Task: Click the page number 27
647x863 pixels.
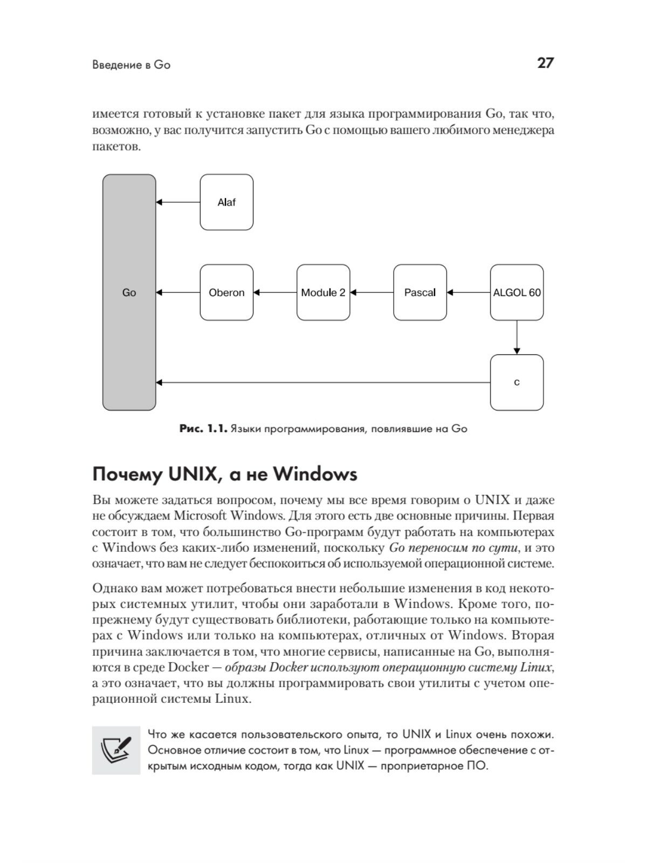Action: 545,63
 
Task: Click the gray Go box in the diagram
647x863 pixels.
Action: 129,292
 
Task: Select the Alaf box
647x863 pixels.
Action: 226,202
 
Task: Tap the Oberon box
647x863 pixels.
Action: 226,292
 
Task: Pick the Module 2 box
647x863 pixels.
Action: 323,292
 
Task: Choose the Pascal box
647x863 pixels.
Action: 420,292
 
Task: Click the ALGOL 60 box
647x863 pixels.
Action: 517,292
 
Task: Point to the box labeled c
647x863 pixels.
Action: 517,382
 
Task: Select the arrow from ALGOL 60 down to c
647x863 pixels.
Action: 517,338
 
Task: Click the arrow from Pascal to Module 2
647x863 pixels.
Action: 372,292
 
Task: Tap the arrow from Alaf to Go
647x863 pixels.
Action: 178,202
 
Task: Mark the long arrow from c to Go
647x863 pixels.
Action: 323,382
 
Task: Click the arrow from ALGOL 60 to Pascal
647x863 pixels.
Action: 469,292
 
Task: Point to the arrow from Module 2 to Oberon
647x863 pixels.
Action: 275,292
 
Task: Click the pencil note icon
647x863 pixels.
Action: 116,750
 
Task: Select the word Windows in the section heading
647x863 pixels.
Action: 315,474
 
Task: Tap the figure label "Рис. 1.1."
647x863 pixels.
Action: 203,429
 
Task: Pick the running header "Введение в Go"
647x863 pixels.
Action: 131,65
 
